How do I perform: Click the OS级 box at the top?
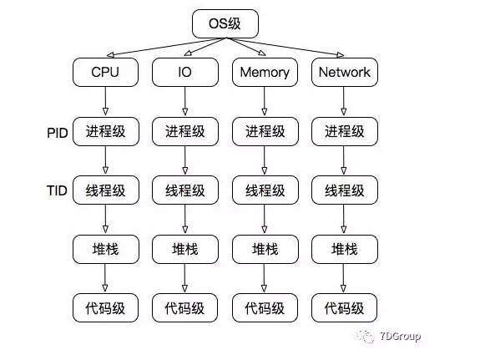(225, 23)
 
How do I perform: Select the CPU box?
(105, 72)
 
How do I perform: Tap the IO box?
(184, 72)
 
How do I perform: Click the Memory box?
(265, 72)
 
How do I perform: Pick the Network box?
(344, 72)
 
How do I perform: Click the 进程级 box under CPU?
(105, 131)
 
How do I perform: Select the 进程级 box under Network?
(344, 131)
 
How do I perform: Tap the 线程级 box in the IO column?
(184, 190)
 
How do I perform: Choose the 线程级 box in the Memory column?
(265, 190)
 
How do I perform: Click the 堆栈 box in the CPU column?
(105, 249)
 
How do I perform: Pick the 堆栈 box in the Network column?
(344, 249)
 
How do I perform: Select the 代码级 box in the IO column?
(184, 307)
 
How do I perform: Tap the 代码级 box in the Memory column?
(265, 307)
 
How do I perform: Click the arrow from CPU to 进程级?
(105, 101)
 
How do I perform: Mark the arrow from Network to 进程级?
(344, 101)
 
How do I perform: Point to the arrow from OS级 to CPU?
(159, 47)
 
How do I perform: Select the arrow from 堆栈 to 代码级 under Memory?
(265, 278)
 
